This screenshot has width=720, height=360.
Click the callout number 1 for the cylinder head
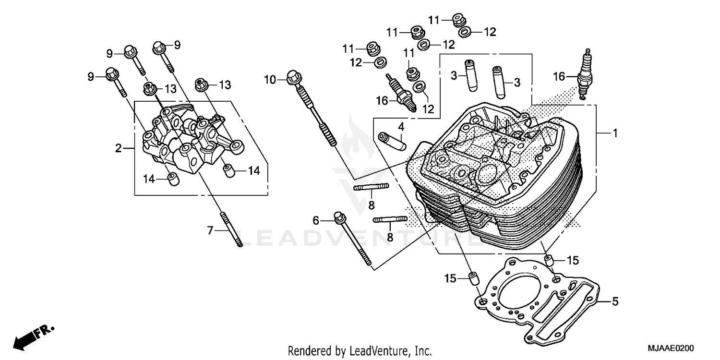[615, 134]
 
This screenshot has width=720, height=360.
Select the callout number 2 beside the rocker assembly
[119, 148]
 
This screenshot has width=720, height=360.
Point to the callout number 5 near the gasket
[615, 302]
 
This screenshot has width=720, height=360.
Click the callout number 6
[316, 220]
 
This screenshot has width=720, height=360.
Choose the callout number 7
[210, 231]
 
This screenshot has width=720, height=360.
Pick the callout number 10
[270, 79]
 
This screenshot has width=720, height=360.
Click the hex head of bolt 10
[293, 76]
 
